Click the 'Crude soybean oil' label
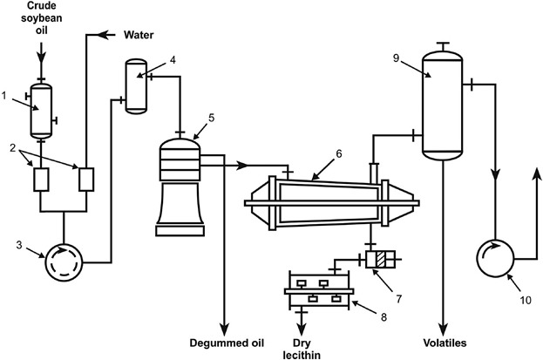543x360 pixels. pyautogui.click(x=42, y=18)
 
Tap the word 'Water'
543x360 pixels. pyautogui.click(x=139, y=35)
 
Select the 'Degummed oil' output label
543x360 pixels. pyautogui.click(x=227, y=343)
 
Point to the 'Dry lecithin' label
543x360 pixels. pyautogui.click(x=302, y=349)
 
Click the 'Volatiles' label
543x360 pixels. pyautogui.click(x=445, y=343)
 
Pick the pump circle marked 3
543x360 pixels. pyautogui.click(x=64, y=262)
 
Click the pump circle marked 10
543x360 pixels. pyautogui.click(x=496, y=259)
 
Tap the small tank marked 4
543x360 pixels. pyautogui.click(x=136, y=86)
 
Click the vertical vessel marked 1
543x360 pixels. pyautogui.click(x=41, y=111)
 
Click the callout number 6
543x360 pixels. pyautogui.click(x=339, y=153)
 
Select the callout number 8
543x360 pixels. pyautogui.click(x=383, y=316)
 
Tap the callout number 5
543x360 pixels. pyautogui.click(x=211, y=119)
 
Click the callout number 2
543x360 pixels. pyautogui.click(x=13, y=148)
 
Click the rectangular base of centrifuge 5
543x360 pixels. pyautogui.click(x=180, y=231)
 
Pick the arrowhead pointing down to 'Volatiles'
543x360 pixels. pyautogui.click(x=444, y=330)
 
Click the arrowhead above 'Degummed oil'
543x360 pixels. pyautogui.click(x=225, y=329)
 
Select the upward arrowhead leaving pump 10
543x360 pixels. pyautogui.click(x=537, y=174)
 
